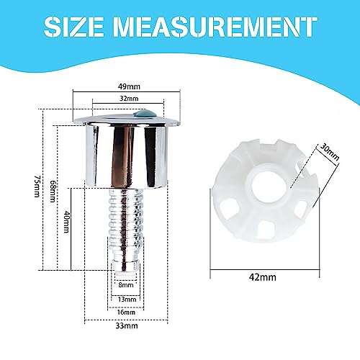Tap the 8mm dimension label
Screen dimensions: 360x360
(125, 285)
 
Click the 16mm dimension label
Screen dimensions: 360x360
(125, 313)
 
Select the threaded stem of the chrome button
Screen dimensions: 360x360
(125, 223)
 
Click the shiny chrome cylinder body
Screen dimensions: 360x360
(125, 155)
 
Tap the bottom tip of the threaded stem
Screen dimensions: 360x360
(125, 271)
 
